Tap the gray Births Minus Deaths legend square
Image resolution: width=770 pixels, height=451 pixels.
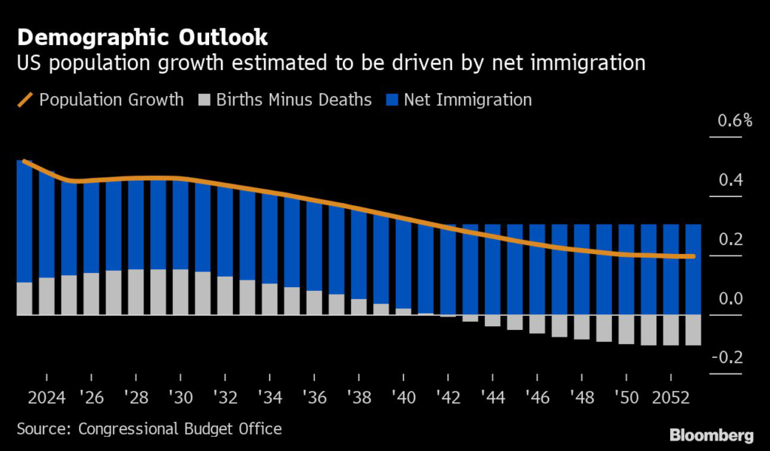pyautogui.click(x=204, y=99)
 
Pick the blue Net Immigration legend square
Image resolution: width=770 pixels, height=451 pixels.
pyautogui.click(x=392, y=99)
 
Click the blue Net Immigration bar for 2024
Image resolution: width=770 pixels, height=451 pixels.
pyautogui.click(x=47, y=225)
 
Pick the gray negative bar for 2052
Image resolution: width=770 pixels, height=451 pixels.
pyautogui.click(x=671, y=330)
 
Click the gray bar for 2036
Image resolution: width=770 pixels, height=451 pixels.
pyautogui.click(x=314, y=302)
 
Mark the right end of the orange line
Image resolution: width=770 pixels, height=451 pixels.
pyautogui.click(x=693, y=256)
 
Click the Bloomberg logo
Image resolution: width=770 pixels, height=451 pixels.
pyautogui.click(x=710, y=434)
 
